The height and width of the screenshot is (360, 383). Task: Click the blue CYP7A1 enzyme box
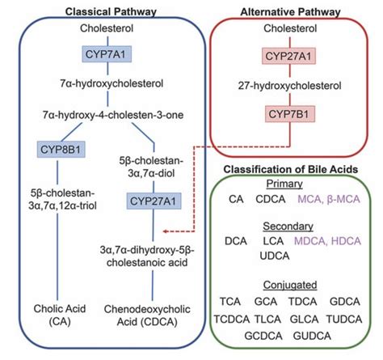[107, 54]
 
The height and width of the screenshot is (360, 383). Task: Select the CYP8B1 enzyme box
[61, 149]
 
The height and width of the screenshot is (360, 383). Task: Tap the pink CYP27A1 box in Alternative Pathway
[288, 56]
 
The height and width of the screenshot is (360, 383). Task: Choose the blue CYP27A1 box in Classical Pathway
[154, 201]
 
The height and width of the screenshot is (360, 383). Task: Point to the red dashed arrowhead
[166, 231]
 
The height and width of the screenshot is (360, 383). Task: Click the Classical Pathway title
[111, 12]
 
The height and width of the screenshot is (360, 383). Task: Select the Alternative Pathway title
[290, 12]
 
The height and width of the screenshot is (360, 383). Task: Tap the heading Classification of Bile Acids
[291, 169]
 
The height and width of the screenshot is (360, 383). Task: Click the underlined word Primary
[284, 184]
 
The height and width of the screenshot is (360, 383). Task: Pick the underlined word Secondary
[288, 227]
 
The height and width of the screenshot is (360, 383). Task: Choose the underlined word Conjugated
[290, 285]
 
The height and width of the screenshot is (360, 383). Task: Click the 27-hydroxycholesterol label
[289, 86]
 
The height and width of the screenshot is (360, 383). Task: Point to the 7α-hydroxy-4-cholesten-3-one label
[113, 115]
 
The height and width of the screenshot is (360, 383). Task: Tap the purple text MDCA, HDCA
[327, 241]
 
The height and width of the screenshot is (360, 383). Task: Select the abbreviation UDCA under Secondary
[275, 256]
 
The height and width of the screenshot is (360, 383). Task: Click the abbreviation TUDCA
[344, 320]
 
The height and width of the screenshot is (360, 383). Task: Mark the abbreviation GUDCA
[312, 336]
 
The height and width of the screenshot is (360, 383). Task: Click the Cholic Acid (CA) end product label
[60, 316]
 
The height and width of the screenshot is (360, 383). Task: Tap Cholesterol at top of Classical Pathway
[107, 28]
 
